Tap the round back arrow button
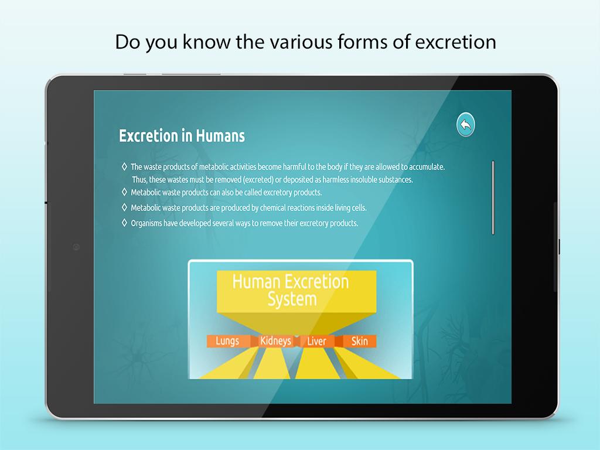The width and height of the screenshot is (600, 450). pos(466,125)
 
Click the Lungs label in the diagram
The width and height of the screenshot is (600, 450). pos(227,341)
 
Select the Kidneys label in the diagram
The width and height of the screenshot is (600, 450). pos(275,341)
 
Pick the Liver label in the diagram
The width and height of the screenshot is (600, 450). pos(316,341)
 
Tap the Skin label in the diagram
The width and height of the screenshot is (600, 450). pos(359,341)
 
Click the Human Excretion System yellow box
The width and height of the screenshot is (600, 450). pos(296,291)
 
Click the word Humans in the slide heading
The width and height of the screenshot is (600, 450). pos(220,136)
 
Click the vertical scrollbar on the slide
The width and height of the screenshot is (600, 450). pos(493,197)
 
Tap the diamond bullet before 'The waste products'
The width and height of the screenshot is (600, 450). pos(124,166)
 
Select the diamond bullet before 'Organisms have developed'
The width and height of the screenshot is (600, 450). pos(124,223)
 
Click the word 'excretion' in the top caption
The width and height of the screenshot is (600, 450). pos(456,42)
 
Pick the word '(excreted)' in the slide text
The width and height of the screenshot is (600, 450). pos(258,180)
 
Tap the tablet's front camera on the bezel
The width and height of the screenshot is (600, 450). pos(76,247)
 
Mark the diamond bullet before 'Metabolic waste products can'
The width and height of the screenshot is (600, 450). pos(124,192)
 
